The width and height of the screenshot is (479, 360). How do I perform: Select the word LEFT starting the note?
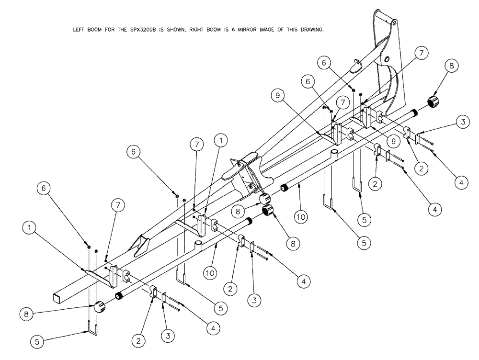77,30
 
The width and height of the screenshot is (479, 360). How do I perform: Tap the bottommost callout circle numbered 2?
138,341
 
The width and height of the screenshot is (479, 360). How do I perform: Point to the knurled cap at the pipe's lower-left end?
99,307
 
